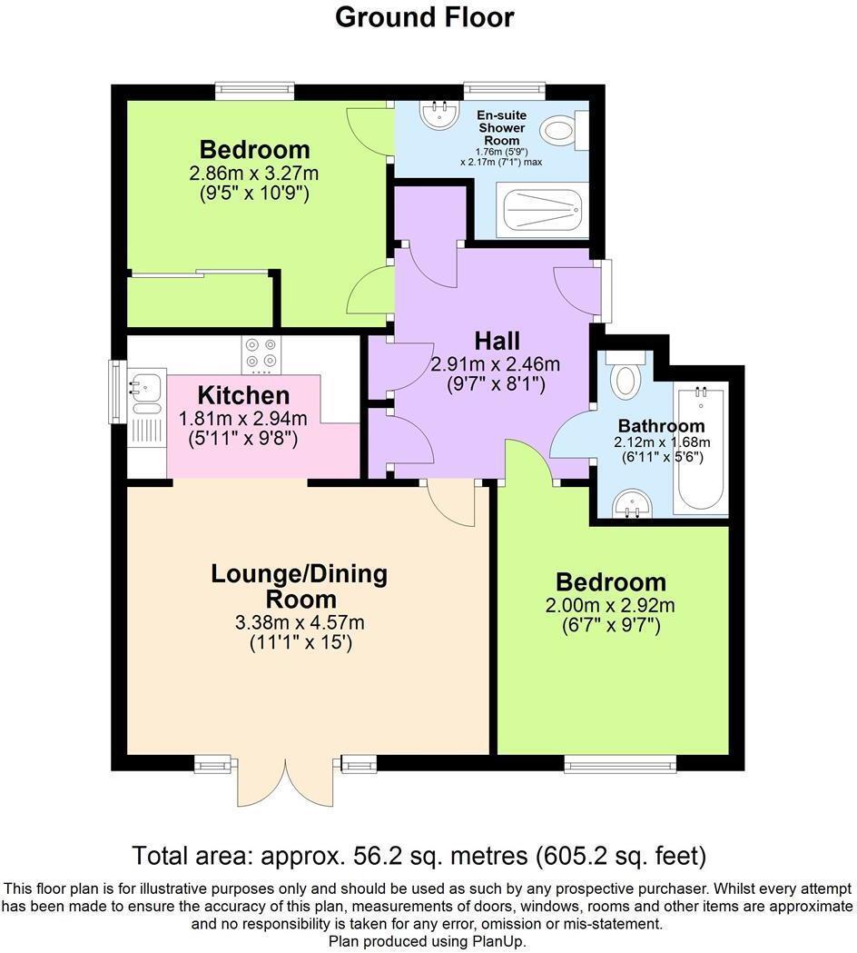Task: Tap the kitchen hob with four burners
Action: coord(261,355)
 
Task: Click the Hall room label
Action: coord(497,342)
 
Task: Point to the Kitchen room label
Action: coord(243,396)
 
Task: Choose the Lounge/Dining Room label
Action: coord(299,587)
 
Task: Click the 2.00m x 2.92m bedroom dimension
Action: coord(610,606)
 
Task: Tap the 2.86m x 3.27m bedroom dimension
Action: coord(254,173)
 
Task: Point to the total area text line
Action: coord(419,856)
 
